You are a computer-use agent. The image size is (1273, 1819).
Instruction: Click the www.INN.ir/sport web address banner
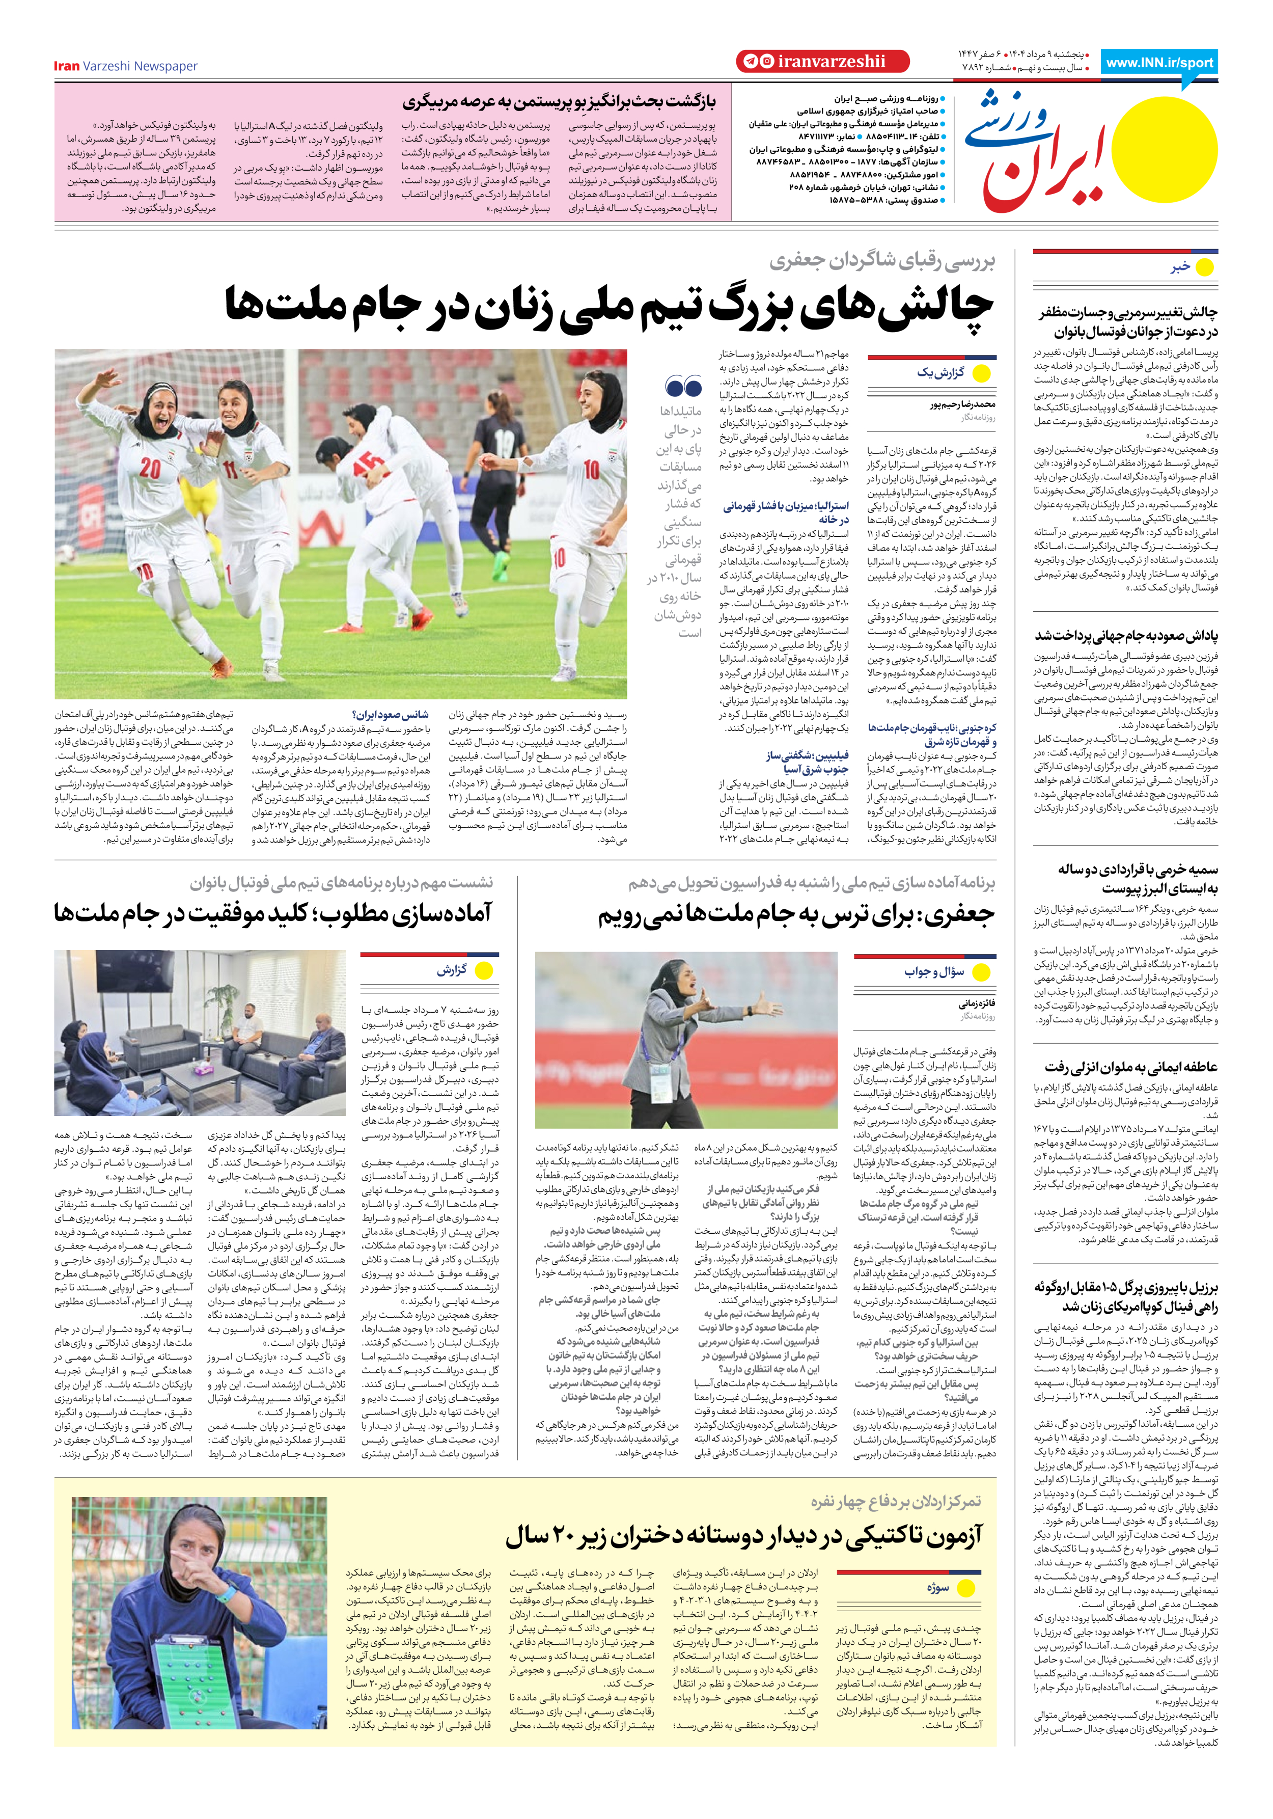[1159, 63]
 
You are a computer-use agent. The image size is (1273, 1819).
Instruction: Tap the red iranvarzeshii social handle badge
[822, 62]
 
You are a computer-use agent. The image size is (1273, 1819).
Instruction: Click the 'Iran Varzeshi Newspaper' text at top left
[125, 66]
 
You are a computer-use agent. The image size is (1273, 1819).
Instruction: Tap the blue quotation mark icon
[684, 387]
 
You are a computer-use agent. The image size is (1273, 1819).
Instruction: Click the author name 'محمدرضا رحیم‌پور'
[962, 404]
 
